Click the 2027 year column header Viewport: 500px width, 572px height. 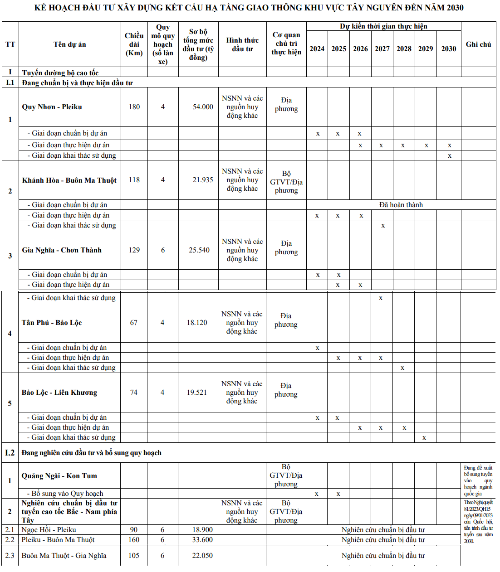[x=382, y=49]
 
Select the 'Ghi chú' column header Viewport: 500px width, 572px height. [x=478, y=44]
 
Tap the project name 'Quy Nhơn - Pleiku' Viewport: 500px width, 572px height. [x=52, y=107]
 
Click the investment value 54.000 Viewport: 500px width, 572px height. [x=203, y=107]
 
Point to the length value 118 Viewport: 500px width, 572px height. [x=134, y=180]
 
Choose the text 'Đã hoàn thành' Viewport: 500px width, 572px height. [x=401, y=205]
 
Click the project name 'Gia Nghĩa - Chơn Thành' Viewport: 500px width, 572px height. [x=62, y=250]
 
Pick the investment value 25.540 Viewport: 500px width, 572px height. [x=199, y=250]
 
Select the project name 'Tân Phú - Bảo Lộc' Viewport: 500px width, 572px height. [x=52, y=323]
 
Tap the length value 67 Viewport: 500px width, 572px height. [x=134, y=323]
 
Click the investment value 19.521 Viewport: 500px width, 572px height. [x=197, y=393]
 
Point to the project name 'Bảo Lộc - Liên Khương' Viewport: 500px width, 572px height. [x=59, y=393]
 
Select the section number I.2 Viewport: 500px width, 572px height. [x=10, y=453]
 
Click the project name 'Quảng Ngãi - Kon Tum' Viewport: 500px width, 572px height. [x=59, y=476]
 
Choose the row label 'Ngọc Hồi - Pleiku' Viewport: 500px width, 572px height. [x=49, y=530]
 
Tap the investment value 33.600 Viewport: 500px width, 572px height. [x=202, y=540]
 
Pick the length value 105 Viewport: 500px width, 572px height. [x=134, y=556]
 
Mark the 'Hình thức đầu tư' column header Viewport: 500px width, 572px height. [x=242, y=44]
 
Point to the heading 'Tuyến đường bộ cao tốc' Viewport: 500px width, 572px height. [x=60, y=73]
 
